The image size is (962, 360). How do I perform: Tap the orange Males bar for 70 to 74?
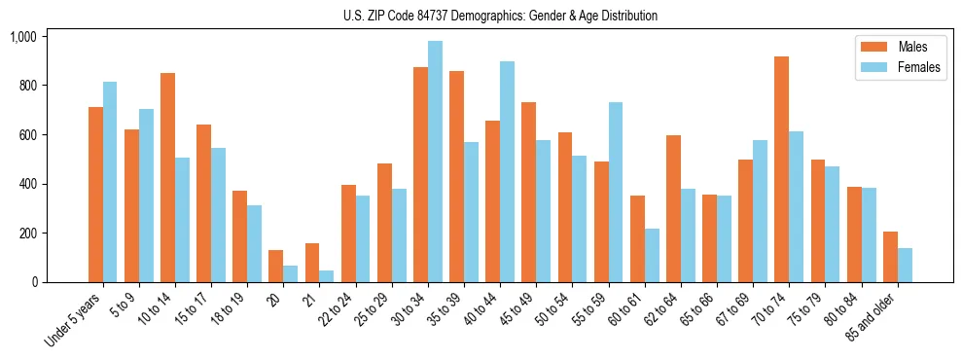pos(781,169)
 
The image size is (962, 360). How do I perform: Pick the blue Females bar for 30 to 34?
pos(435,162)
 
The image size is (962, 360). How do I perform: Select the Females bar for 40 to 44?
pos(507,171)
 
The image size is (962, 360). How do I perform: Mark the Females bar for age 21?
pos(327,276)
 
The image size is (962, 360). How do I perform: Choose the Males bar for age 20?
pos(276,267)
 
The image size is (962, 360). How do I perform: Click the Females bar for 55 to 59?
pos(616,192)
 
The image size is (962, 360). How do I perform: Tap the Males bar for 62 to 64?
pos(673,208)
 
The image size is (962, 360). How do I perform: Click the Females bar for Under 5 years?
pos(110,182)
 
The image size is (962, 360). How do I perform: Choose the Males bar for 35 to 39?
pos(456,176)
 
